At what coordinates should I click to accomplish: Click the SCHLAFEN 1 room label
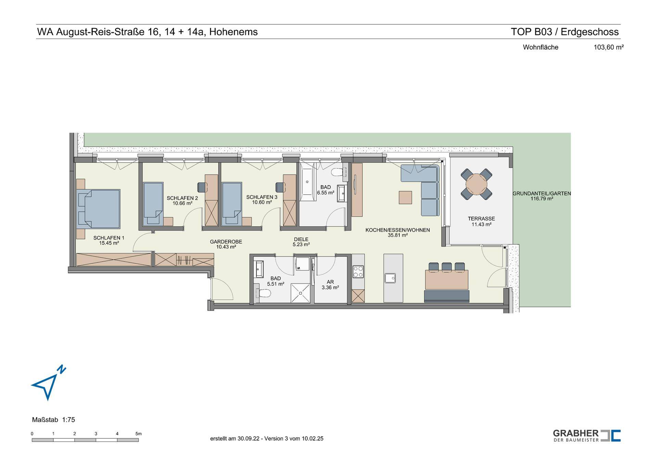(x=109, y=238)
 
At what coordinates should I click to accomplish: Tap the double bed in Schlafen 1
(x=99, y=209)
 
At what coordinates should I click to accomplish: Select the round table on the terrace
(x=476, y=184)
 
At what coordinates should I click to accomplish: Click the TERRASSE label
(x=481, y=218)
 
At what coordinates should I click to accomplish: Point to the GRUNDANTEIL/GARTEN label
(x=542, y=193)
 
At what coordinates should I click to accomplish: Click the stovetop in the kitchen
(x=358, y=272)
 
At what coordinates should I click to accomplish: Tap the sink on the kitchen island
(x=390, y=278)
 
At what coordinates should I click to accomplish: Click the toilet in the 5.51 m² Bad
(x=263, y=293)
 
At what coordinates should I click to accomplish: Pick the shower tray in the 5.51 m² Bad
(x=300, y=293)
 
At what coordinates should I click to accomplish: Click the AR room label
(x=330, y=282)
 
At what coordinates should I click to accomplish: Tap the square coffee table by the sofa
(x=405, y=197)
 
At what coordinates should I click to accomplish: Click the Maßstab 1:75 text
(x=53, y=420)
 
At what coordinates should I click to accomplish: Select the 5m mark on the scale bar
(x=138, y=434)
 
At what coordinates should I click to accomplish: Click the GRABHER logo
(x=587, y=436)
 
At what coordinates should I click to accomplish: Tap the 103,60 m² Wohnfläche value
(x=608, y=47)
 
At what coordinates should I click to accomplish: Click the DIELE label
(x=301, y=239)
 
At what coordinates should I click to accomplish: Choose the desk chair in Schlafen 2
(x=202, y=187)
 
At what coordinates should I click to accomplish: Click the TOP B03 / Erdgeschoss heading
(x=565, y=32)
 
